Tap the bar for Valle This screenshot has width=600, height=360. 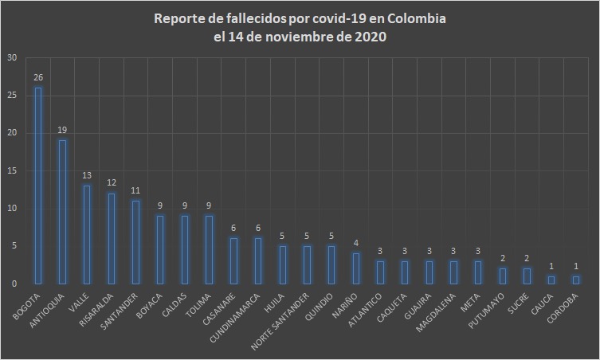[88, 235]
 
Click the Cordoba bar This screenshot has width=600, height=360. [575, 280]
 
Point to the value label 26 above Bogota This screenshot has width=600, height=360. [38, 78]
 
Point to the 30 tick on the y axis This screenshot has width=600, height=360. [10, 57]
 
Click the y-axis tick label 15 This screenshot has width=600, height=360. [10, 171]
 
